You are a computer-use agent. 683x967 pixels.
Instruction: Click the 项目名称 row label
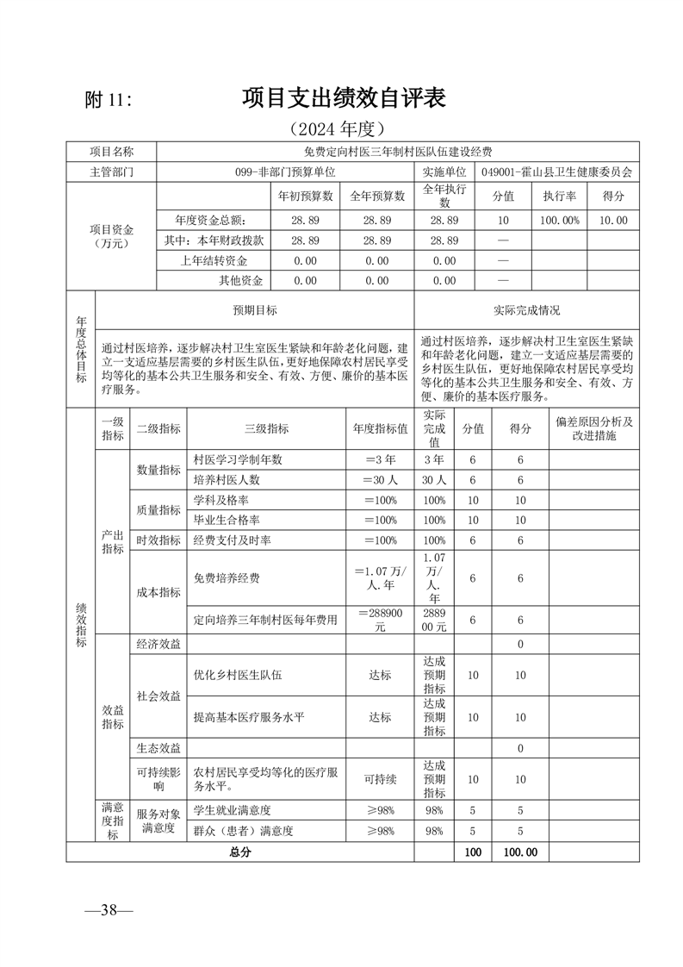tap(112, 152)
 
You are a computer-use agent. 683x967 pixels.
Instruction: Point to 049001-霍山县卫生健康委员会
tap(557, 171)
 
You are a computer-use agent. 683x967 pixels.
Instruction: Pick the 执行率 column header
tap(559, 196)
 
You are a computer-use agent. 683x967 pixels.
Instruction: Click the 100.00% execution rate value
tap(559, 221)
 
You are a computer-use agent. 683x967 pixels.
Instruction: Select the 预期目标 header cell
tap(255, 310)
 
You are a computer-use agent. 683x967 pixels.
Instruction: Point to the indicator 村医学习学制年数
tap(238, 459)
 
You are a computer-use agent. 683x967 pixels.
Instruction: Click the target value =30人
tap(380, 480)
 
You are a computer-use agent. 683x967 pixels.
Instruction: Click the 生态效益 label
tap(158, 746)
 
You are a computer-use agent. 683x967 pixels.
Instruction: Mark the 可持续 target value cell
tap(380, 779)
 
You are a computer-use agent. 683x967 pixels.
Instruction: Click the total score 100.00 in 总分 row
tap(520, 852)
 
